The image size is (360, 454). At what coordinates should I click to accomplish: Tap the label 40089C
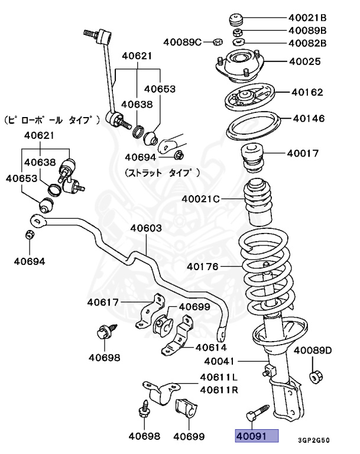pos(184,41)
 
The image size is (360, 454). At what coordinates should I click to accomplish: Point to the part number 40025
pos(304,61)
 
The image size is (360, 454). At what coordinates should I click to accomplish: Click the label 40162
pos(307,92)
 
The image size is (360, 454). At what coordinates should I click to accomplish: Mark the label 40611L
pos(219,377)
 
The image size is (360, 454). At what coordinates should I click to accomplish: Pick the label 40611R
pos(219,390)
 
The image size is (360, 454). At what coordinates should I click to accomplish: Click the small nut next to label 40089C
pos(217,42)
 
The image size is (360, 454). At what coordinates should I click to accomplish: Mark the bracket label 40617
pos(103,303)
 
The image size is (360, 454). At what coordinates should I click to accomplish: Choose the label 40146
pos(308,119)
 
